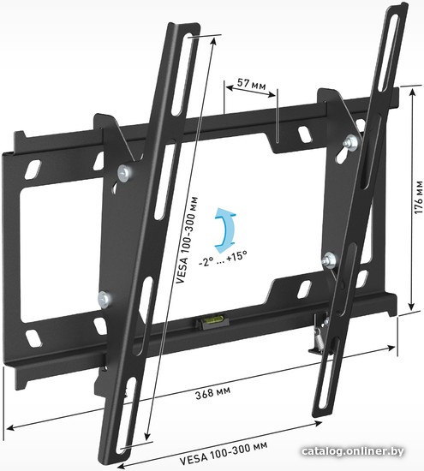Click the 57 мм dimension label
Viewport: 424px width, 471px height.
[x=251, y=84]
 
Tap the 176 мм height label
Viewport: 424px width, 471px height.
[x=419, y=197]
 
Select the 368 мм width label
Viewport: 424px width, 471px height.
[x=213, y=392]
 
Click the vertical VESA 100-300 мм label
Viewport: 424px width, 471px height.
[x=188, y=240]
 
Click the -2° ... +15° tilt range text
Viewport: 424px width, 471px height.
[x=223, y=257]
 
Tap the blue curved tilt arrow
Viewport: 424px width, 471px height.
[x=224, y=230]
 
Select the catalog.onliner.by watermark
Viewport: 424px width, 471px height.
[x=352, y=450]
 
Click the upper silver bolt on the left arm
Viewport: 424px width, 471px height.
[x=124, y=174]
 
